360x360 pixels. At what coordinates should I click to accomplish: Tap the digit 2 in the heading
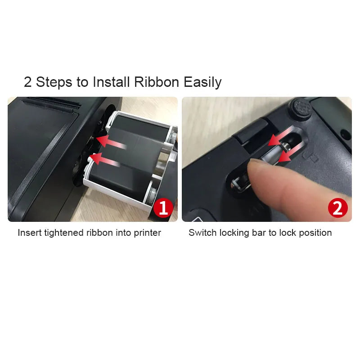tap(28, 82)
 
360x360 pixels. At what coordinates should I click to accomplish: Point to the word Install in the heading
tap(112, 82)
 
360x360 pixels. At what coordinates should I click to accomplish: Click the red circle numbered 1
tap(163, 208)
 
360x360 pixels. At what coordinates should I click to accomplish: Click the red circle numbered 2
tap(337, 208)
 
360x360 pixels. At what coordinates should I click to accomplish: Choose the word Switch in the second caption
tap(201, 233)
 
